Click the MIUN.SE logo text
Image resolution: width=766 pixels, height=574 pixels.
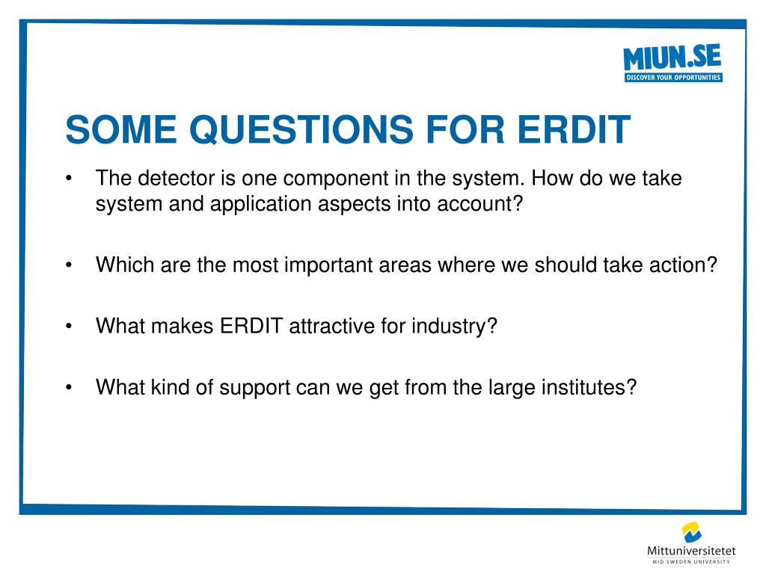tap(672, 57)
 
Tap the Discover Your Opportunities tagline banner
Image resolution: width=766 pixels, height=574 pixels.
tap(673, 77)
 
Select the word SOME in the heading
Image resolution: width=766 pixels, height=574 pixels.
tap(121, 129)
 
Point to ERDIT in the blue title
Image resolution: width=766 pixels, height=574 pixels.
tap(574, 129)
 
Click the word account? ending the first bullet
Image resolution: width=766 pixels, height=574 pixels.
tap(480, 203)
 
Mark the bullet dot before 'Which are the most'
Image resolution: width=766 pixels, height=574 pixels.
tap(69, 265)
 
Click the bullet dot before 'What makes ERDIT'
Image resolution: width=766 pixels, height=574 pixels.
tap(69, 326)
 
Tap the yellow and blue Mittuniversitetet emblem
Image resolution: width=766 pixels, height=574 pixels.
tap(692, 532)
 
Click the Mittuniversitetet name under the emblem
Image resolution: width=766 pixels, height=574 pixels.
tap(691, 551)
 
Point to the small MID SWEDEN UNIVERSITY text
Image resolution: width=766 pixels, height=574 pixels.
tap(691, 562)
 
